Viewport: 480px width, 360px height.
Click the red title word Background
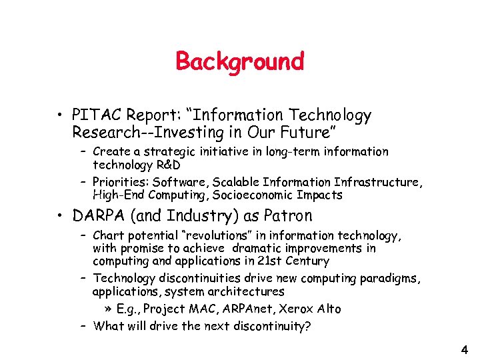coord(239,61)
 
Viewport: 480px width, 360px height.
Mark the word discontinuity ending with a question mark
coord(275,326)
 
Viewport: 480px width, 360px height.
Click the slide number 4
coord(464,349)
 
